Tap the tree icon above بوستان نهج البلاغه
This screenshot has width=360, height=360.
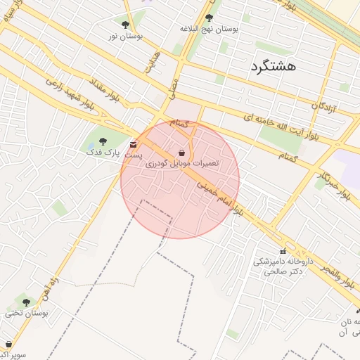[209, 18]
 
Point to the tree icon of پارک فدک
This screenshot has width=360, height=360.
[103, 141]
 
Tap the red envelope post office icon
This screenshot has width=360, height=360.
[134, 145]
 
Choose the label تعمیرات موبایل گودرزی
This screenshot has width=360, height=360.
[182, 163]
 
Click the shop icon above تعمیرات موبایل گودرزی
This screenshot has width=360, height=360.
[182, 153]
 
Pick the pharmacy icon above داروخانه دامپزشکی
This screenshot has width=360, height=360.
[283, 251]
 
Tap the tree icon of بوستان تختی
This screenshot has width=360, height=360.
[27, 302]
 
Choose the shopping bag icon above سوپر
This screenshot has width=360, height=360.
[8, 345]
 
